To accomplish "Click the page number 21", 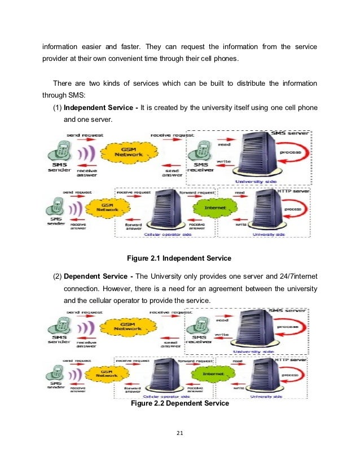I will (x=180, y=433).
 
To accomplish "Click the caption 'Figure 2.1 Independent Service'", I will (x=179, y=259).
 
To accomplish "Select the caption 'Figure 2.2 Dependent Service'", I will (x=179, y=404).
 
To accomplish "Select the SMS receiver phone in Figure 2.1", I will (x=199, y=150).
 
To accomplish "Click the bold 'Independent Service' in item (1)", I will (x=99, y=108).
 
